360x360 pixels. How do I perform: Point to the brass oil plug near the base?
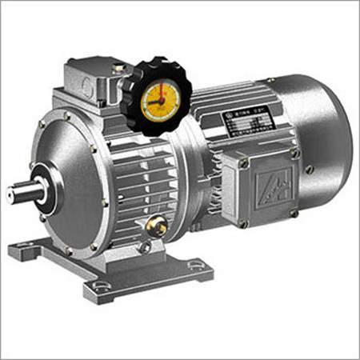158,229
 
